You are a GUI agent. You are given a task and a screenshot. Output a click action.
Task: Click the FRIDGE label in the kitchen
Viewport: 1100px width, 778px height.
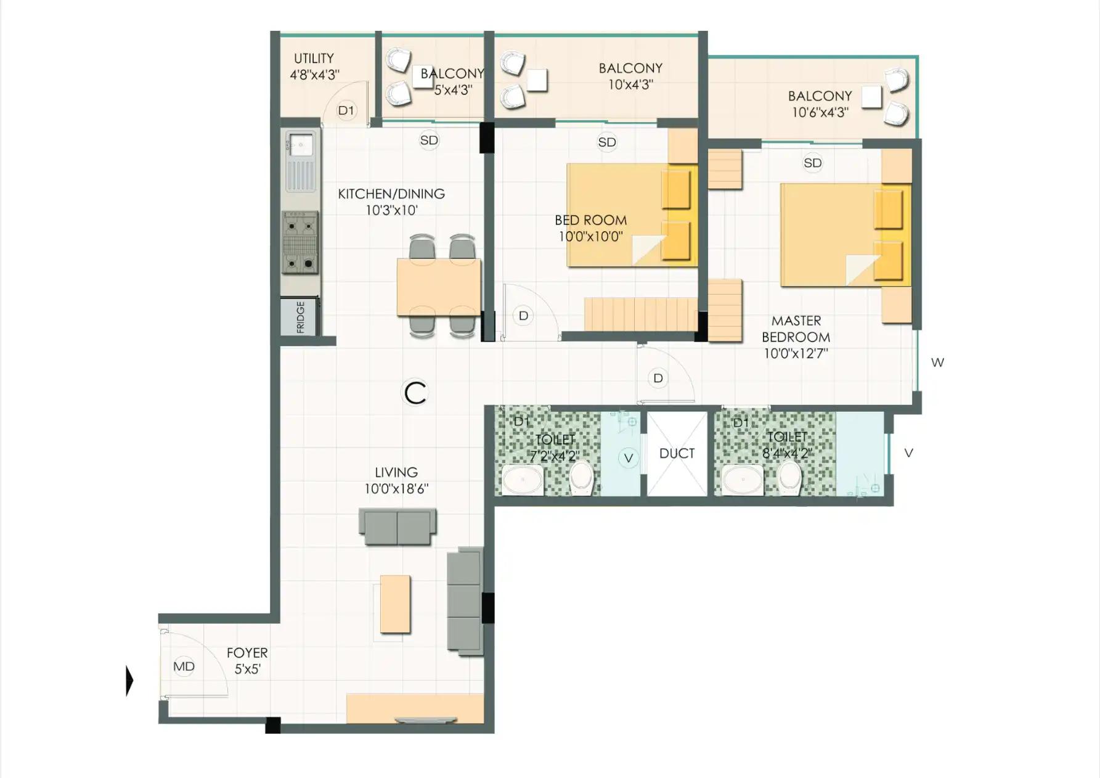coord(300,317)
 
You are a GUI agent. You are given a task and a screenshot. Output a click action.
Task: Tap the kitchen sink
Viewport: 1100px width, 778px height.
coord(300,162)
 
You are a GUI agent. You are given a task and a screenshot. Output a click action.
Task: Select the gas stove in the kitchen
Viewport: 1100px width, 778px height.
coord(300,242)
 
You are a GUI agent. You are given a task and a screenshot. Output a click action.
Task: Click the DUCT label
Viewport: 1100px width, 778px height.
coord(677,453)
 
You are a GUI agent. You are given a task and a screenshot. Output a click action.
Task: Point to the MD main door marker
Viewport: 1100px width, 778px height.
coord(184,666)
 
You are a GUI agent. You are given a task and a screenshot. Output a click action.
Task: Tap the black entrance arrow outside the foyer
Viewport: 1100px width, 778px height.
coord(129,681)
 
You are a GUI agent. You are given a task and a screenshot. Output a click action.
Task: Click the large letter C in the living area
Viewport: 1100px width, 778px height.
coord(415,393)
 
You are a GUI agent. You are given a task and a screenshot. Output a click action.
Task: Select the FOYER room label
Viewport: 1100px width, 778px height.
coord(247,653)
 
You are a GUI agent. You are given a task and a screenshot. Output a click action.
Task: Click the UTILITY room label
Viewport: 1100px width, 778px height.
coord(314,59)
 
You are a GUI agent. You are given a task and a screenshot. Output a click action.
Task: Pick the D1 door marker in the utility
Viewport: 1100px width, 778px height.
coord(346,110)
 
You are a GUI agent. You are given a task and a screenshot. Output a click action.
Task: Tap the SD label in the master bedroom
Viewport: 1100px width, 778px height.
coord(813,163)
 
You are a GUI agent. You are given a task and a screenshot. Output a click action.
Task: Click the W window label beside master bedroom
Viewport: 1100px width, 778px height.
coord(937,362)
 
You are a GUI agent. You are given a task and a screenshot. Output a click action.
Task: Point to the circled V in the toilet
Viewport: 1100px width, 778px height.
coord(629,458)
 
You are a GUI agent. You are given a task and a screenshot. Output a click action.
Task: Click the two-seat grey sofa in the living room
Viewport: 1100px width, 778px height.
coord(397,527)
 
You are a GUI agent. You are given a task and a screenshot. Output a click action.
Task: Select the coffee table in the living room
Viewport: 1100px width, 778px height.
coord(395,604)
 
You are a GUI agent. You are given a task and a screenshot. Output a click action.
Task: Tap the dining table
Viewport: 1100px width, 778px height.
coord(439,287)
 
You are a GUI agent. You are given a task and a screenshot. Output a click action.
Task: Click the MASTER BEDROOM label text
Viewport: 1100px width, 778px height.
coord(796,329)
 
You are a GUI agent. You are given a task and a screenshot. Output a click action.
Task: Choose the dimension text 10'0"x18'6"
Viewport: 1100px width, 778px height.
coord(396,489)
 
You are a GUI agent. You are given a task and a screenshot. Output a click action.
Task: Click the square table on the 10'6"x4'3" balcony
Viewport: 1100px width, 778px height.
coord(871,97)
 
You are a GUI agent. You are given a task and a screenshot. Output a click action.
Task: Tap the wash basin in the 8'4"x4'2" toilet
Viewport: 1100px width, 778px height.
coord(743,480)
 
